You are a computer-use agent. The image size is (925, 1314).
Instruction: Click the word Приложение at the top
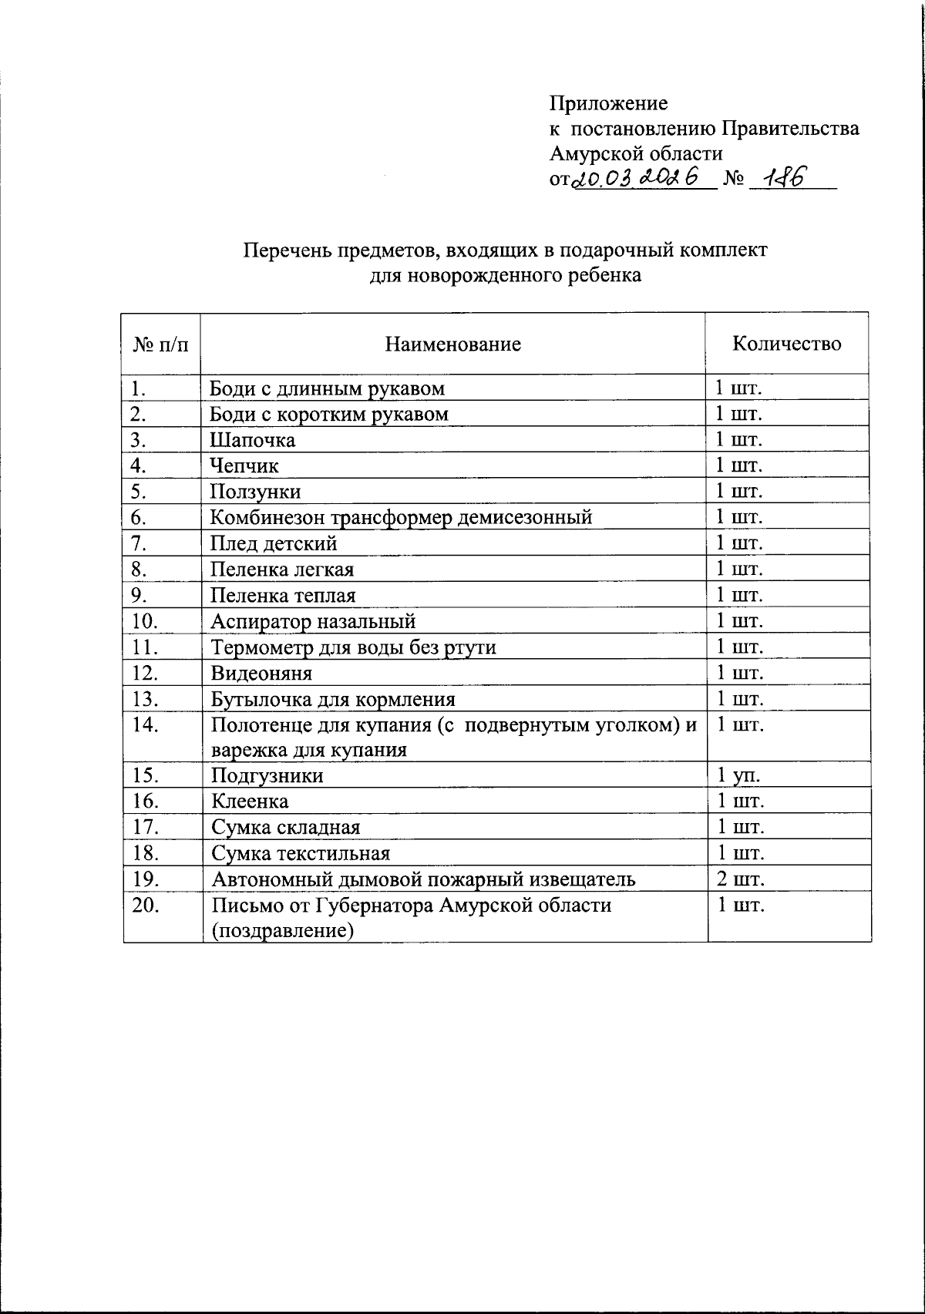608,103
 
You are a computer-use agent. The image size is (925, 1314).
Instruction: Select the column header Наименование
453,344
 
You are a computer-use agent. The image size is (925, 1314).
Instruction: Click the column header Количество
786,344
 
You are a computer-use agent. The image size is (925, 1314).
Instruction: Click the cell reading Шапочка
253,440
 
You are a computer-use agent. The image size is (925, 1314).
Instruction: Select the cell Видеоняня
261,673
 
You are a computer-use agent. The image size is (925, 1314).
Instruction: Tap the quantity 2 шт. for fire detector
741,879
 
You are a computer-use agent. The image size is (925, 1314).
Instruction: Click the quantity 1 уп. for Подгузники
739,775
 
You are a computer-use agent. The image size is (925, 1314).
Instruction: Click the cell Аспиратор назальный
313,621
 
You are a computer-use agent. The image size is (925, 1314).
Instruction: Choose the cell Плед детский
274,543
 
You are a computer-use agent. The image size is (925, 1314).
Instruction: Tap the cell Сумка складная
286,828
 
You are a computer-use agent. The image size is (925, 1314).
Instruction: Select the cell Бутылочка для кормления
333,699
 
